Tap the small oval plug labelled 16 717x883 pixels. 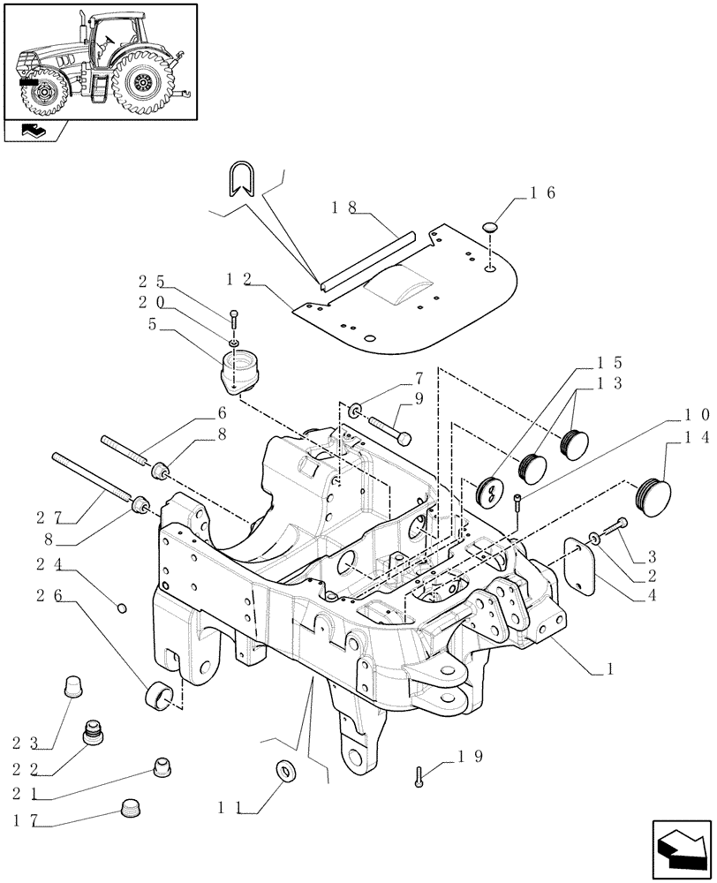click(490, 230)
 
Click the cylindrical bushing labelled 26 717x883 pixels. click(159, 695)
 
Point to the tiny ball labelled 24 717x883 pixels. click(122, 607)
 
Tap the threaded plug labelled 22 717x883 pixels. click(91, 732)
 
